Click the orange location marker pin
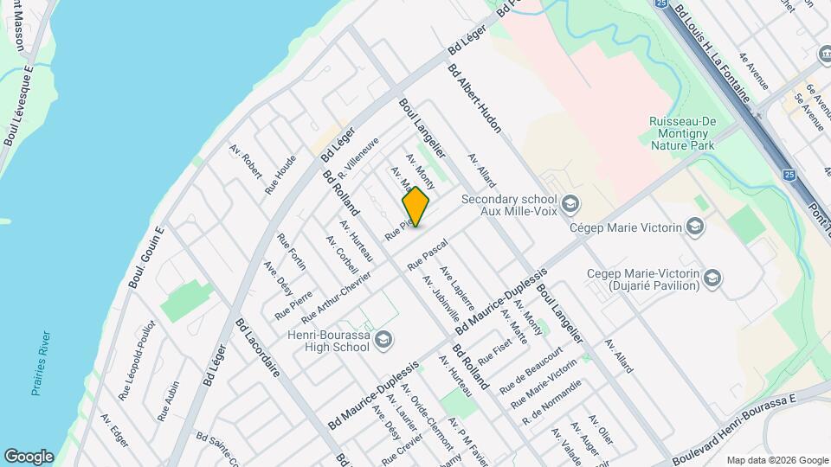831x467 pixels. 415,207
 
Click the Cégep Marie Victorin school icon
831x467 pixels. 693,227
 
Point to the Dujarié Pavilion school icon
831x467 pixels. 712,278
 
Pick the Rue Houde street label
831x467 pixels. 280,174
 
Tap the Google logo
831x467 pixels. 29,456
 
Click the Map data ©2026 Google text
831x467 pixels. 776,460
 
